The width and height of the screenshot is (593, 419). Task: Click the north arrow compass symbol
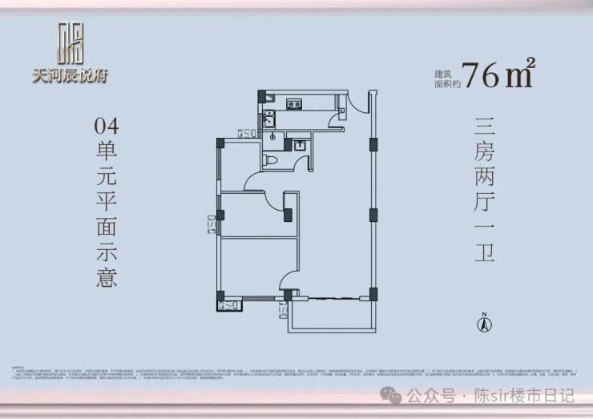484,323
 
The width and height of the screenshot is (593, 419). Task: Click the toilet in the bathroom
272,161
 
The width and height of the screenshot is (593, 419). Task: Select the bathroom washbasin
298,146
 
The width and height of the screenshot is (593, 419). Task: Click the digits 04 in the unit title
106,126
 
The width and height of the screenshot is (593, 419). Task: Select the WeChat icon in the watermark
392,396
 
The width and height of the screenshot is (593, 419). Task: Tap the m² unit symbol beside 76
520,74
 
